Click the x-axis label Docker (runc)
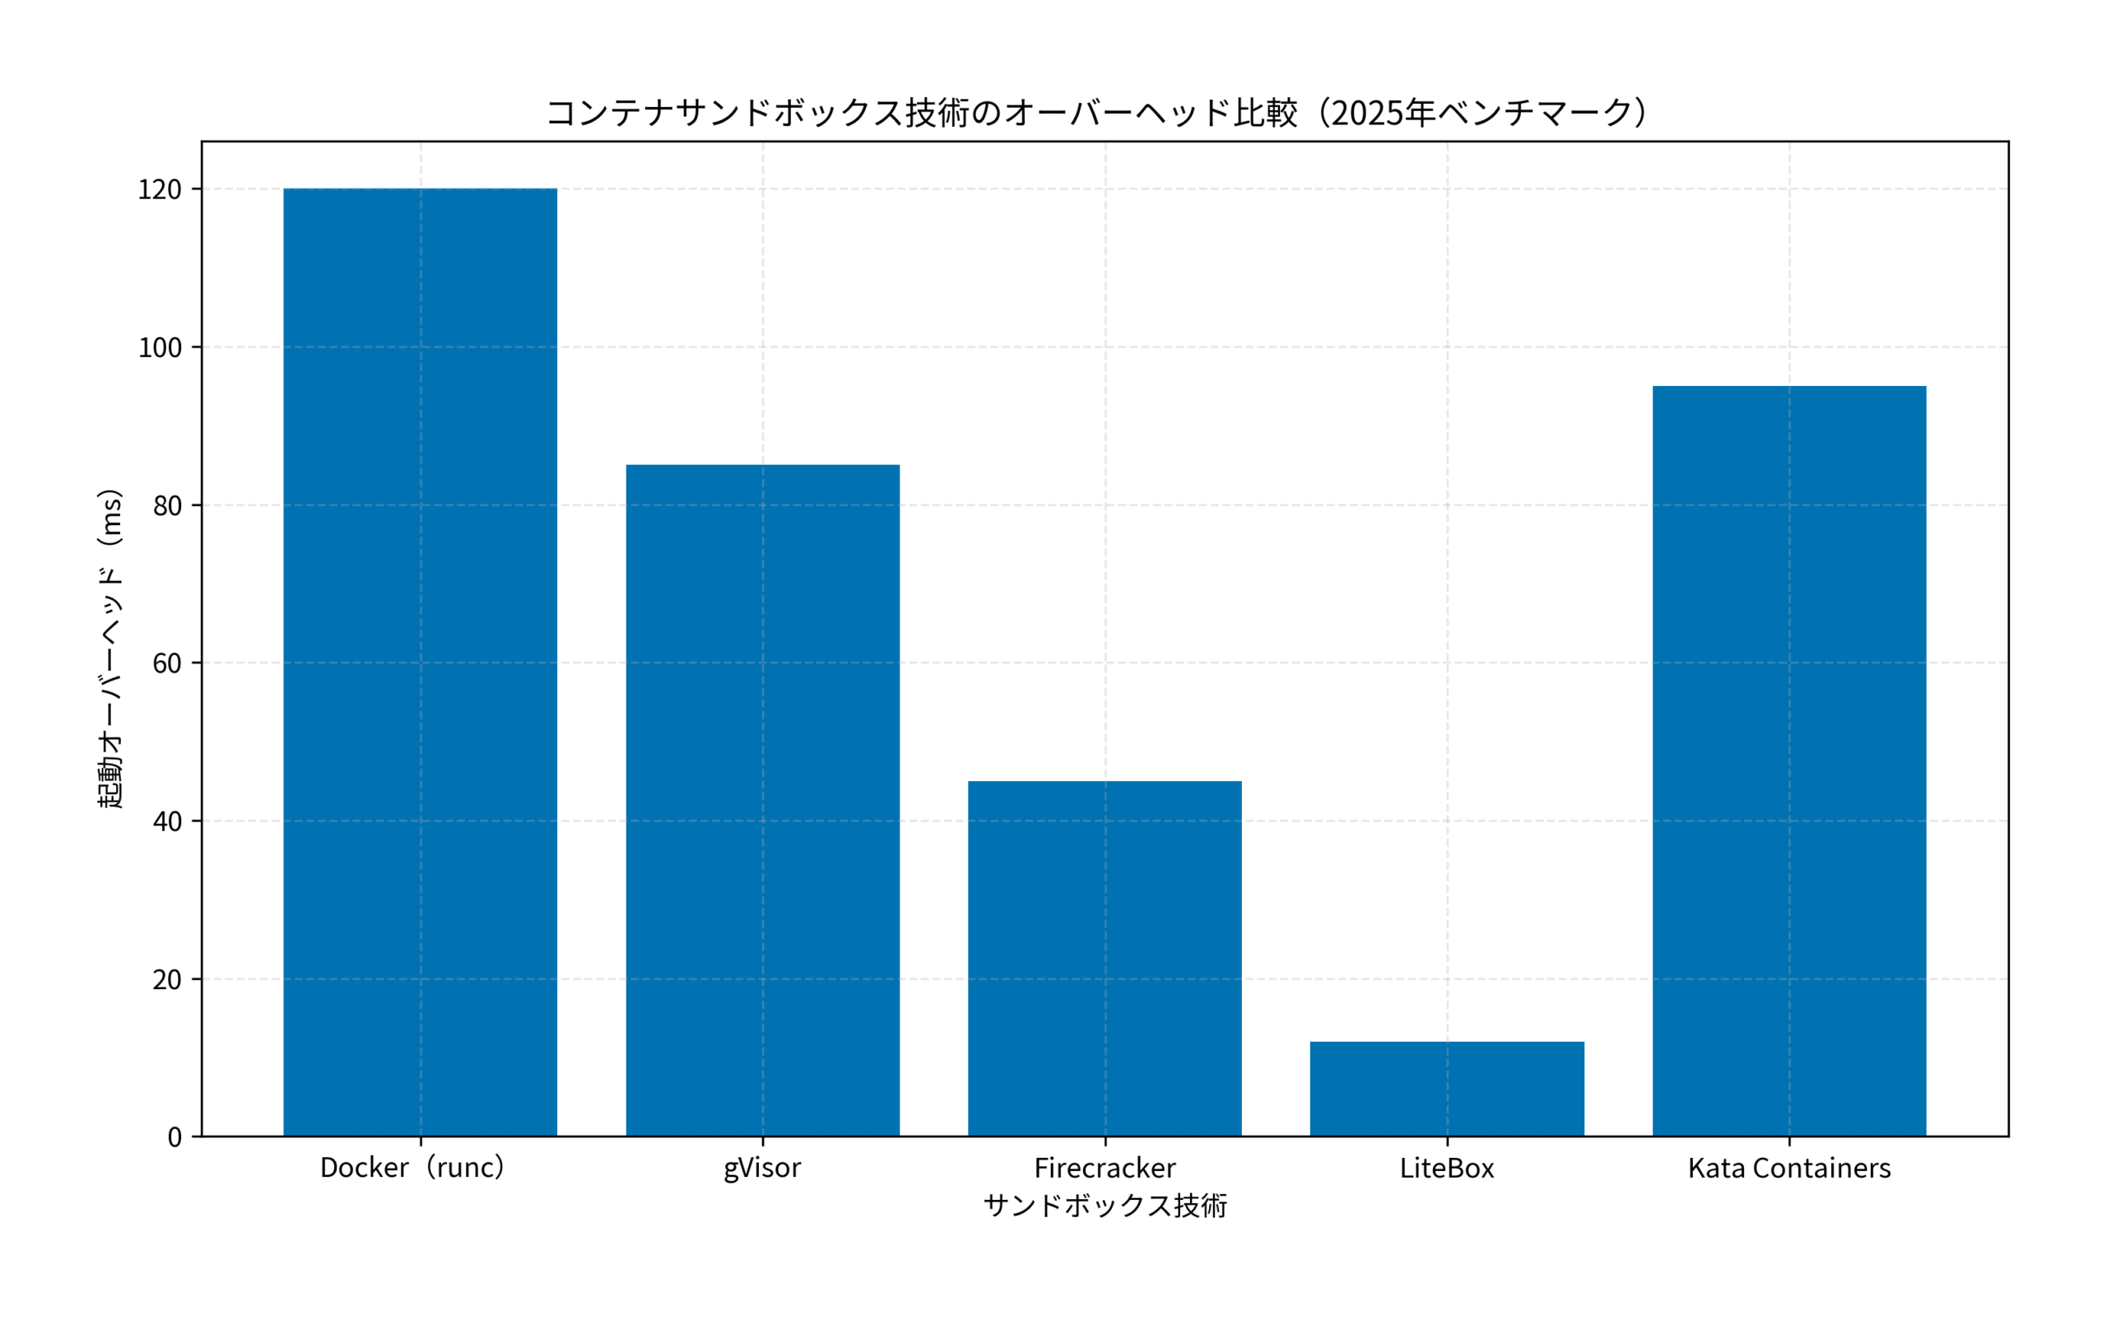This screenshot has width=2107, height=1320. pos(412,1168)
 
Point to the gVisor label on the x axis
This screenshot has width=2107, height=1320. pos(762,1168)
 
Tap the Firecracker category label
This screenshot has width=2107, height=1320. pos(1105,1168)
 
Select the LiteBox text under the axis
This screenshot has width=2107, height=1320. pos(1447,1168)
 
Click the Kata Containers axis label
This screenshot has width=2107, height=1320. pos(1789,1168)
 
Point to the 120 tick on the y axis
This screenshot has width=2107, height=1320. pos(160,189)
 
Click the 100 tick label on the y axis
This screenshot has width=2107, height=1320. pos(160,347)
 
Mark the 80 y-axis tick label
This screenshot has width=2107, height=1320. pos(167,505)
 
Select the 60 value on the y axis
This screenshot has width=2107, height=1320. pos(167,663)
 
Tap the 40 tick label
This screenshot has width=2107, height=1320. pos(167,821)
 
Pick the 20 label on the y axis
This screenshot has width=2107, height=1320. pos(167,979)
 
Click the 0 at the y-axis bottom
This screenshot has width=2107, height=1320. pos(174,1137)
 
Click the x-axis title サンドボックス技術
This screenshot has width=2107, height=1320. pos(1105,1206)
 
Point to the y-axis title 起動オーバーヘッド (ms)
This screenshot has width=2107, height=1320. pos(110,648)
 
